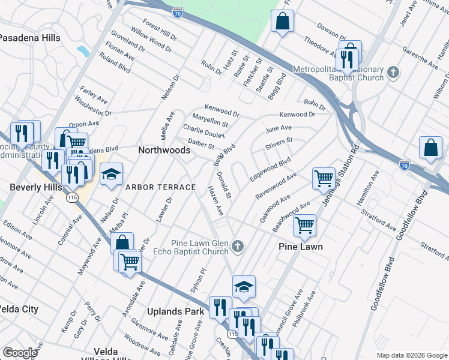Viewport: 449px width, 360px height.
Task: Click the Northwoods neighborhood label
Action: click(164, 150)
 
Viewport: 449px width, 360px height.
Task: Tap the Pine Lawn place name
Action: click(301, 247)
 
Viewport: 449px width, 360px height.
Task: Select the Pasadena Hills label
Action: click(30, 37)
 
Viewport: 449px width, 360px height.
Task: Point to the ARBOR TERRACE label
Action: click(160, 187)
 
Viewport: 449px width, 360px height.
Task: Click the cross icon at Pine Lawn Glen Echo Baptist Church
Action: click(238, 246)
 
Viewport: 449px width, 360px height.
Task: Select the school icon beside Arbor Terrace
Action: click(111, 175)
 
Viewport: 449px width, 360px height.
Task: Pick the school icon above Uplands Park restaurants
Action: click(244, 287)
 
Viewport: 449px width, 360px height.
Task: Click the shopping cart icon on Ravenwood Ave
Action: click(324, 178)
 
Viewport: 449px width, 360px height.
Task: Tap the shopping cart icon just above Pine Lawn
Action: click(304, 225)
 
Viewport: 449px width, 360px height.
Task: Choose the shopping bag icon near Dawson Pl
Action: click(282, 22)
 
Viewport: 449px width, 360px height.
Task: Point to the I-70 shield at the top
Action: click(177, 11)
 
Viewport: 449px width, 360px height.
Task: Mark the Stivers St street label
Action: click(279, 144)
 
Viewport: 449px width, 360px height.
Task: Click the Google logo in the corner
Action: click(20, 352)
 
